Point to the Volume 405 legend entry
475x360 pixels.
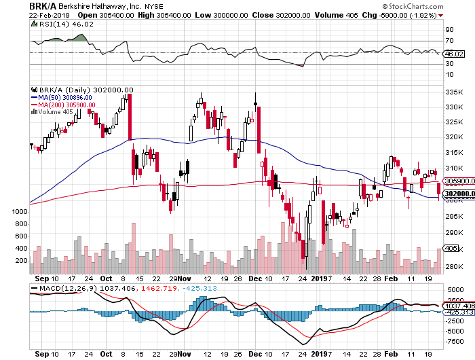click(54, 112)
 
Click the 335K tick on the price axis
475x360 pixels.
click(454, 92)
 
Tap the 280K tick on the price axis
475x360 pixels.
click(454, 267)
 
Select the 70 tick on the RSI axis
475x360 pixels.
click(449, 41)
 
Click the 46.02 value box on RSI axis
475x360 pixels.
click(453, 54)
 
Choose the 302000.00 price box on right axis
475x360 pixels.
click(459, 194)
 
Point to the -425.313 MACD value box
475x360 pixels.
click(458, 312)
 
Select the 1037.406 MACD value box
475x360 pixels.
click(459, 306)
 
